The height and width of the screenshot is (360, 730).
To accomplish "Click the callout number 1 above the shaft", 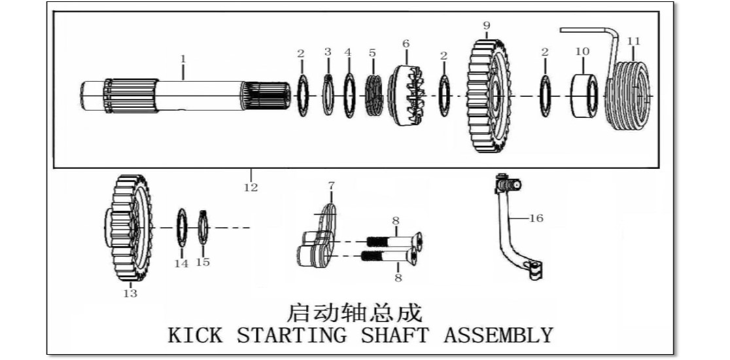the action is [x=183, y=59].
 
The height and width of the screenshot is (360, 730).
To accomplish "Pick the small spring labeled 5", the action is [x=374, y=96].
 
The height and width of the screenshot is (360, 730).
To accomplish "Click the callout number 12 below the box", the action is [x=251, y=187].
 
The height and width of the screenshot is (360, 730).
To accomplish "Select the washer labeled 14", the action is [x=182, y=228].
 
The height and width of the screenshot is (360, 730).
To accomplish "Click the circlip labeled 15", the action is [x=203, y=228].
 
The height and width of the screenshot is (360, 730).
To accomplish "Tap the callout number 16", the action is [x=536, y=218].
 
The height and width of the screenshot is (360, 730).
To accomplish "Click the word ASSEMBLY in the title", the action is [x=498, y=335].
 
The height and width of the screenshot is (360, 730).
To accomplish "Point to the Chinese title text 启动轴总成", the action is [x=354, y=313].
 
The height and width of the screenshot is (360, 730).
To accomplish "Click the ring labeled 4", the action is [x=349, y=96].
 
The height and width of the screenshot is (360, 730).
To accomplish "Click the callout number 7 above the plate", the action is [x=331, y=185].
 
